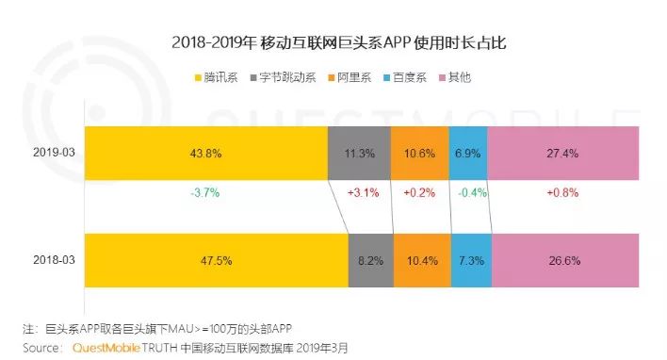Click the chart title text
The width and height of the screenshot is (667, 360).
[x=339, y=43]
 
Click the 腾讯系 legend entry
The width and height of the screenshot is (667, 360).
[x=216, y=77]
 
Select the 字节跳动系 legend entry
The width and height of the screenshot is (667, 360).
[x=284, y=77]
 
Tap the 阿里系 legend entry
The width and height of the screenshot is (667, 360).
[x=350, y=77]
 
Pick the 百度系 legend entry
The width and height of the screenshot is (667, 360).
[x=405, y=77]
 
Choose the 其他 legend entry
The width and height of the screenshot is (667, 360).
[x=455, y=77]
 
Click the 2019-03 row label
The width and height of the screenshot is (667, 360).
[x=54, y=153]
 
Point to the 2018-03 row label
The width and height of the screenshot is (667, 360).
[x=54, y=260]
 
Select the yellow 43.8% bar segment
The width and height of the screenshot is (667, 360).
[x=206, y=154]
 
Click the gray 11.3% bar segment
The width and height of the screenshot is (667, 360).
[x=360, y=154]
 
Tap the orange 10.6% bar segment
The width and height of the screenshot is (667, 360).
[x=420, y=154]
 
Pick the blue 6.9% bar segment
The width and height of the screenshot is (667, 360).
[x=468, y=154]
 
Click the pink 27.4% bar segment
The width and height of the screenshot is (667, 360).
[x=563, y=154]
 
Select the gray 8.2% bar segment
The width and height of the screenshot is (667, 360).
[x=371, y=260]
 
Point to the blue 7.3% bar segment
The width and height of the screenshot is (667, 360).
[x=471, y=260]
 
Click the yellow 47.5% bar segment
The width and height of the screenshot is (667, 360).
[x=217, y=260]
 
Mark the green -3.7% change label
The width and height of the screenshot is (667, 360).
[x=205, y=193]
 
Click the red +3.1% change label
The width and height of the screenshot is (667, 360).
[x=364, y=193]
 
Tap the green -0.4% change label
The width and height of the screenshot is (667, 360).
[x=472, y=193]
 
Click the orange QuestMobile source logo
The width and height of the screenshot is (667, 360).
[x=106, y=348]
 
